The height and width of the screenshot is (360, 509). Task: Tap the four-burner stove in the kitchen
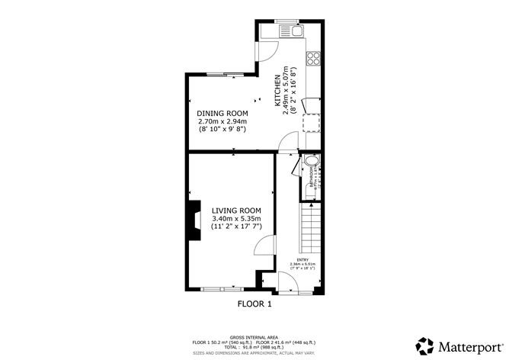312,57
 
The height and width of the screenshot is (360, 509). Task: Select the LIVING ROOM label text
236,211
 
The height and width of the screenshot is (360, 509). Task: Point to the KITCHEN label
277,90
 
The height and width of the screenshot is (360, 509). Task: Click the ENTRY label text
303,259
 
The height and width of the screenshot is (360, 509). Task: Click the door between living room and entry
264,245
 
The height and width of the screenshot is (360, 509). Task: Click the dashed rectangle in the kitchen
311,122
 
